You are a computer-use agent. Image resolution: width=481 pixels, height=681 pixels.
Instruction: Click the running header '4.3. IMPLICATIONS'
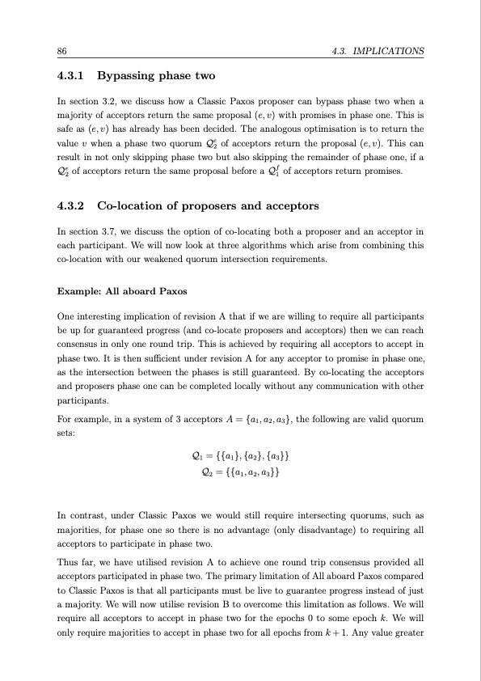click(x=378, y=51)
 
